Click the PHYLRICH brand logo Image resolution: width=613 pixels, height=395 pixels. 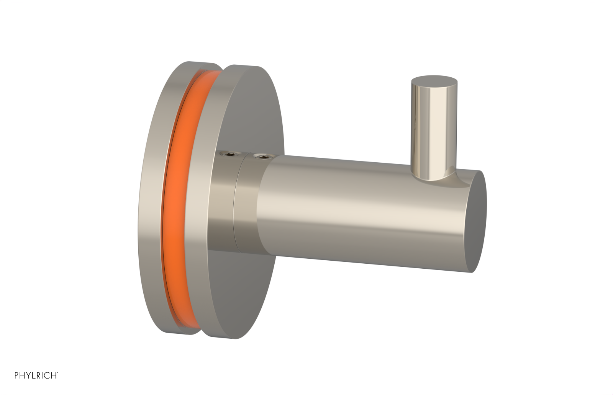click(x=36, y=375)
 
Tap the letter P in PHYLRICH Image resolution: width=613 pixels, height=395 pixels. click(x=17, y=375)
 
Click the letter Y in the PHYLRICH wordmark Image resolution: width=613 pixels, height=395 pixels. click(x=29, y=375)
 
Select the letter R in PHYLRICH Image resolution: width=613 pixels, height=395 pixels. click(x=40, y=375)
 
